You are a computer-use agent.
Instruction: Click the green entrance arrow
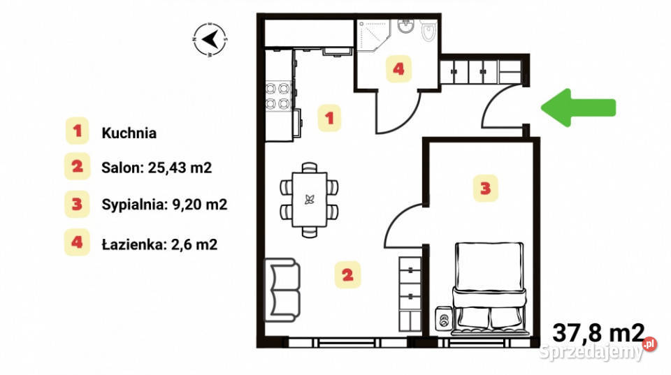tap(578, 108)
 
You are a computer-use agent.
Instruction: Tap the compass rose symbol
tap(210, 40)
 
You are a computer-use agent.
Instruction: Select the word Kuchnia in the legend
tap(129, 133)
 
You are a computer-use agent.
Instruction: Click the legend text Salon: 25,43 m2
tap(157, 168)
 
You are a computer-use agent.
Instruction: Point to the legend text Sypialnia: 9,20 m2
tap(164, 205)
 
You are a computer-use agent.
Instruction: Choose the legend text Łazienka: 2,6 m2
tap(159, 244)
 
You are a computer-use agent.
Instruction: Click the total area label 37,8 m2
tap(598, 332)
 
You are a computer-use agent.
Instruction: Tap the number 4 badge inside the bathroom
tap(398, 68)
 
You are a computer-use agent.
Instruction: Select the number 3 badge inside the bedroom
tap(485, 188)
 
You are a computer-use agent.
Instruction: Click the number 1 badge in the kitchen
tap(329, 117)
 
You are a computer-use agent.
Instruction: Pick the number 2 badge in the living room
tap(347, 274)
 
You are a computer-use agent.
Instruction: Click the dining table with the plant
tap(309, 200)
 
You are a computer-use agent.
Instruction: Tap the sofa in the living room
tap(282, 290)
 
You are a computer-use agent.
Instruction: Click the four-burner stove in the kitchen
tap(277, 96)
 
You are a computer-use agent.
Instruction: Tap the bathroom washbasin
tap(405, 27)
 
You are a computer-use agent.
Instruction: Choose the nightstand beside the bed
tap(444, 318)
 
